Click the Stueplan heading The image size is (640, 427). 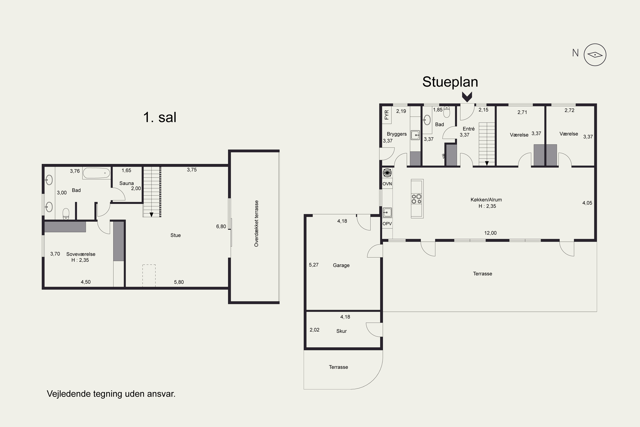(450, 82)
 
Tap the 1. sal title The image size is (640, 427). (160, 117)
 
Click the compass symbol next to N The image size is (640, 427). (595, 55)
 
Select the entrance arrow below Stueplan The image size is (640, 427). (467, 97)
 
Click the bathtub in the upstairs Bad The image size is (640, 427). (96, 173)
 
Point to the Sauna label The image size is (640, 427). (127, 183)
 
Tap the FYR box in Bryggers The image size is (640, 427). (387, 115)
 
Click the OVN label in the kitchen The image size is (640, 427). (387, 184)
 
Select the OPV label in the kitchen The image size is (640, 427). (387, 224)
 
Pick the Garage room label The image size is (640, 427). (341, 265)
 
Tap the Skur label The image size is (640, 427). (342, 331)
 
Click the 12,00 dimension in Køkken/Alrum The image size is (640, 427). (490, 233)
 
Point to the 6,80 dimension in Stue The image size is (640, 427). (221, 227)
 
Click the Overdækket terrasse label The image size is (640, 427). (256, 224)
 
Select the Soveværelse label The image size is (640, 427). (81, 254)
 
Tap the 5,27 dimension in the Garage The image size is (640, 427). (314, 265)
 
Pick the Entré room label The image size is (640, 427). (468, 129)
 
